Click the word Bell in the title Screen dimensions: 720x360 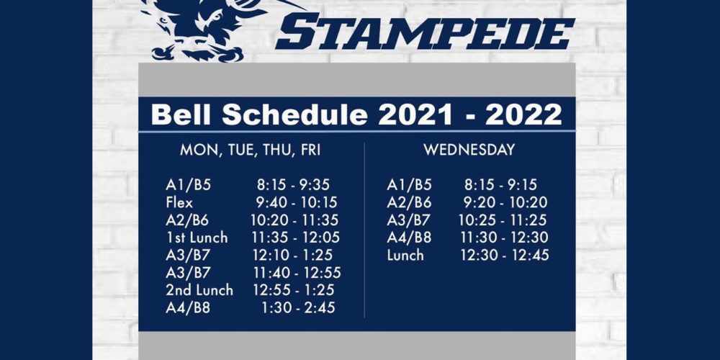coord(183,114)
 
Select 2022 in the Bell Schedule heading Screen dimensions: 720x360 coord(523,114)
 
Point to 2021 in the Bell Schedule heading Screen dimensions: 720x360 coord(415,114)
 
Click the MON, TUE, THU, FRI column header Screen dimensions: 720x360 coord(251,150)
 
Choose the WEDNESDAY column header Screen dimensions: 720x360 coord(469,150)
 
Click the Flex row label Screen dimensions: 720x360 coord(179,202)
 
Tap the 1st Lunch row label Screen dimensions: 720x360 coord(197,238)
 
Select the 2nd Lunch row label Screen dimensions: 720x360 coord(199,290)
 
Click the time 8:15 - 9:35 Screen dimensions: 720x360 coord(293,184)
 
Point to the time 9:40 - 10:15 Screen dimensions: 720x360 coord(297,202)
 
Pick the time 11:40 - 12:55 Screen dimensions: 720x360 coord(297,273)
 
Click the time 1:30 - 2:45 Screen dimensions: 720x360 coord(299,307)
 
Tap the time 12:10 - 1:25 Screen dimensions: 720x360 coord(292,255)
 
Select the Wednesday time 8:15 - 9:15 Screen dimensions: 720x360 coord(500,184)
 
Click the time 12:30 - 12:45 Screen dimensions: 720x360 coord(505,255)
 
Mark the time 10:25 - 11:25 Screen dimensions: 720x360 coord(503,220)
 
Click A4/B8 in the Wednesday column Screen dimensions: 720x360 coord(409,238)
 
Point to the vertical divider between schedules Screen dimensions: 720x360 coord(364,230)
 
